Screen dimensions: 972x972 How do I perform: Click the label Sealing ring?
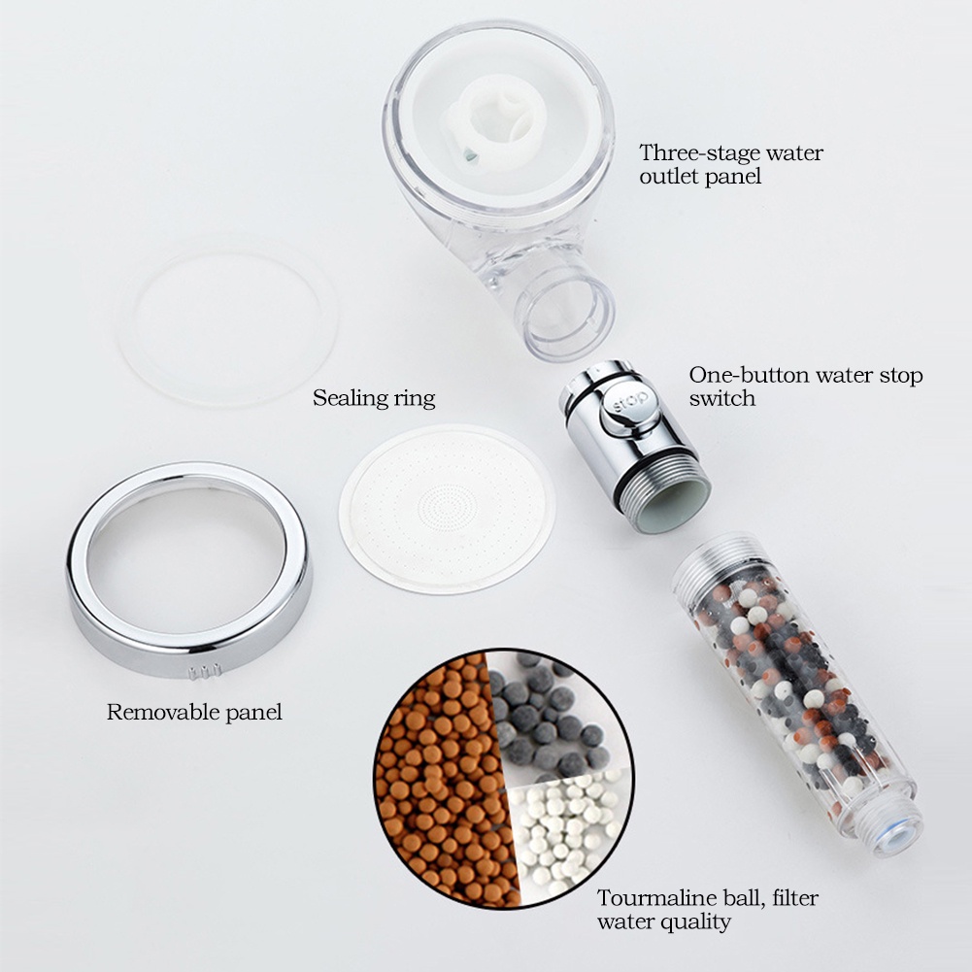pos(374,398)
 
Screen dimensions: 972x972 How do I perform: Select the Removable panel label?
pos(194,712)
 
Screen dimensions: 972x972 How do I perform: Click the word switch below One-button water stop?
pos(722,398)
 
